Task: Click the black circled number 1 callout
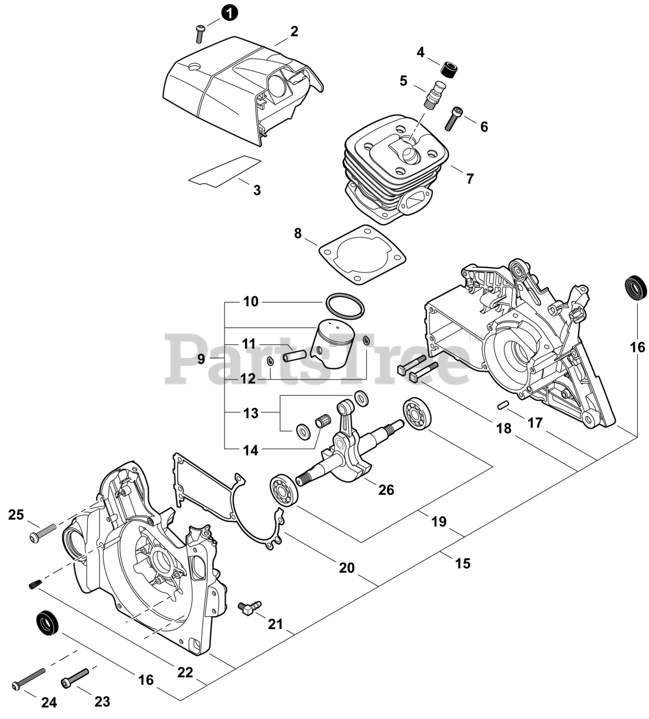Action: (229, 12)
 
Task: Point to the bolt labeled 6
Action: (454, 117)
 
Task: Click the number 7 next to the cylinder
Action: (470, 179)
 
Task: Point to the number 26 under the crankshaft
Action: (386, 489)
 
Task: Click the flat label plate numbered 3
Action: (225, 170)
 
